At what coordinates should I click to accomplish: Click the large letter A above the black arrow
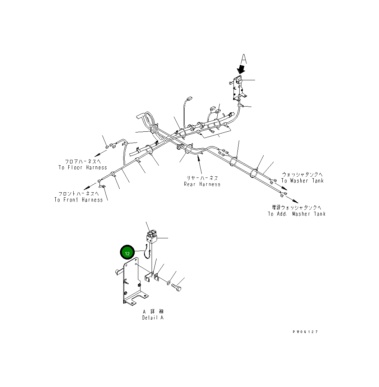coord(244,59)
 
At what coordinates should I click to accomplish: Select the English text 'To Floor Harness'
coord(83,167)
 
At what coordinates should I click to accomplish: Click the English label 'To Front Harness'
coord(79,200)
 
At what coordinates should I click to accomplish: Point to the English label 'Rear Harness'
coord(202,184)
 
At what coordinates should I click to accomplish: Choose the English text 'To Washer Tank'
coord(302,181)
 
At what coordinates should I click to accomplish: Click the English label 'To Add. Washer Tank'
coord(296,214)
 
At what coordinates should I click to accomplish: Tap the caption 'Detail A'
coord(153,318)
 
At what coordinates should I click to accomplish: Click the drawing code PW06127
coord(305,332)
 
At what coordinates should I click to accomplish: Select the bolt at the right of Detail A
coord(177,287)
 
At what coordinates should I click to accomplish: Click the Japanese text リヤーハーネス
coord(202,178)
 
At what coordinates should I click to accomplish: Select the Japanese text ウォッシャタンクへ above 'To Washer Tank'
coord(302,175)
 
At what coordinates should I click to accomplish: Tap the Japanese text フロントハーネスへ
coord(79,193)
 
